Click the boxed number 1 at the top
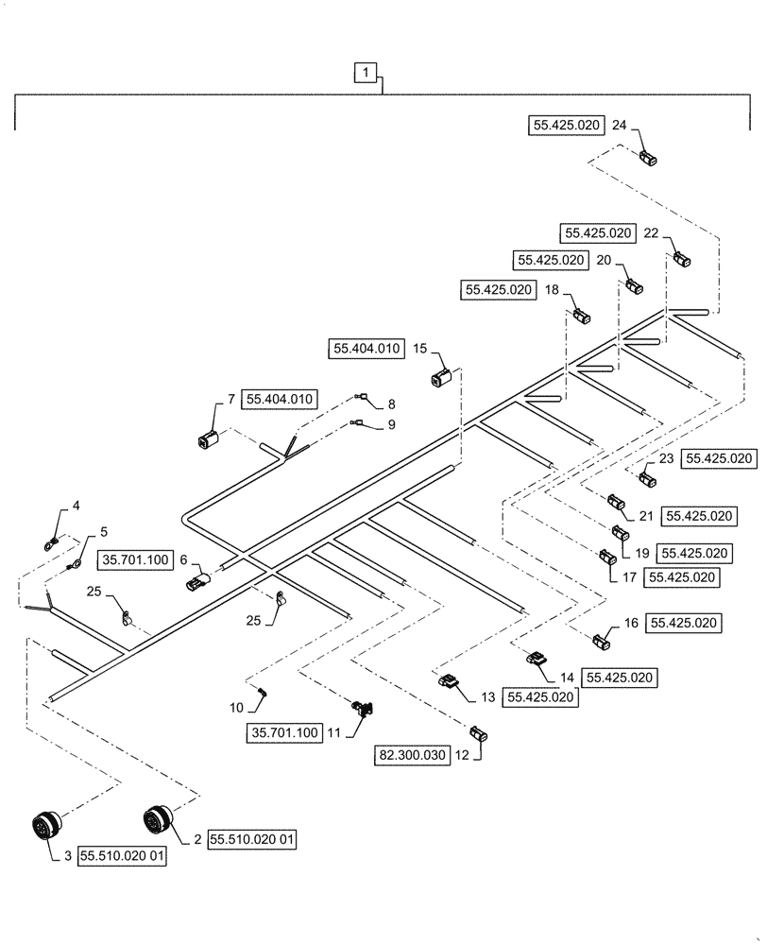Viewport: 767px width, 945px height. pos(367,71)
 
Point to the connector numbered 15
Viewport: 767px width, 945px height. pos(442,381)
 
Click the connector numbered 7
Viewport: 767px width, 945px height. pos(209,439)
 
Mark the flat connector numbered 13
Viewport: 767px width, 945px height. pos(447,679)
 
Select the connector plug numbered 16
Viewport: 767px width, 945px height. pos(601,644)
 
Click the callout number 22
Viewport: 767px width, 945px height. pos(652,232)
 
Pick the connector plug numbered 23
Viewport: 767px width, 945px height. pos(647,479)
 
